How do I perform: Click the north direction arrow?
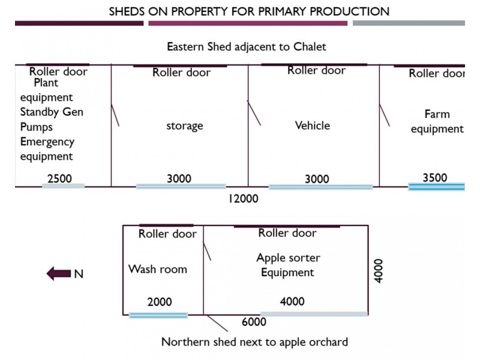[x=58, y=274]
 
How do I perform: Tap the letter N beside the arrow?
[x=79, y=274]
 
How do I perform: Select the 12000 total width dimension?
[x=244, y=199]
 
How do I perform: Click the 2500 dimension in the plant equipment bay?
[x=59, y=178]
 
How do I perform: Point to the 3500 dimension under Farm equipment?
[x=435, y=178]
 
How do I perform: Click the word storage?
[x=185, y=125]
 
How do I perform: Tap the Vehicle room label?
[x=313, y=125]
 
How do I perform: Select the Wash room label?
[x=158, y=269]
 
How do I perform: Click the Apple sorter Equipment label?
[x=288, y=265]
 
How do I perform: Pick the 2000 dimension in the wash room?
[x=160, y=302]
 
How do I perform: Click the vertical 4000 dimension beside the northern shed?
[x=379, y=271]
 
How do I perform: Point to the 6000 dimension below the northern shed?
[x=254, y=322]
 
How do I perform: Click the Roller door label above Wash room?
[x=167, y=234]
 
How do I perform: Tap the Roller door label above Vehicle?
[x=317, y=70]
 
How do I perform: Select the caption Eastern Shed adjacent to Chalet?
[x=247, y=47]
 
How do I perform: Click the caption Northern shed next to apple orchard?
[x=254, y=342]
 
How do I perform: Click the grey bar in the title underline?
[x=409, y=23]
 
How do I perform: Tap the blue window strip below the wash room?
[x=158, y=316]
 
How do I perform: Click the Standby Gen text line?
[x=52, y=112]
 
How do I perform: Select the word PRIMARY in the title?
[x=281, y=11]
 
